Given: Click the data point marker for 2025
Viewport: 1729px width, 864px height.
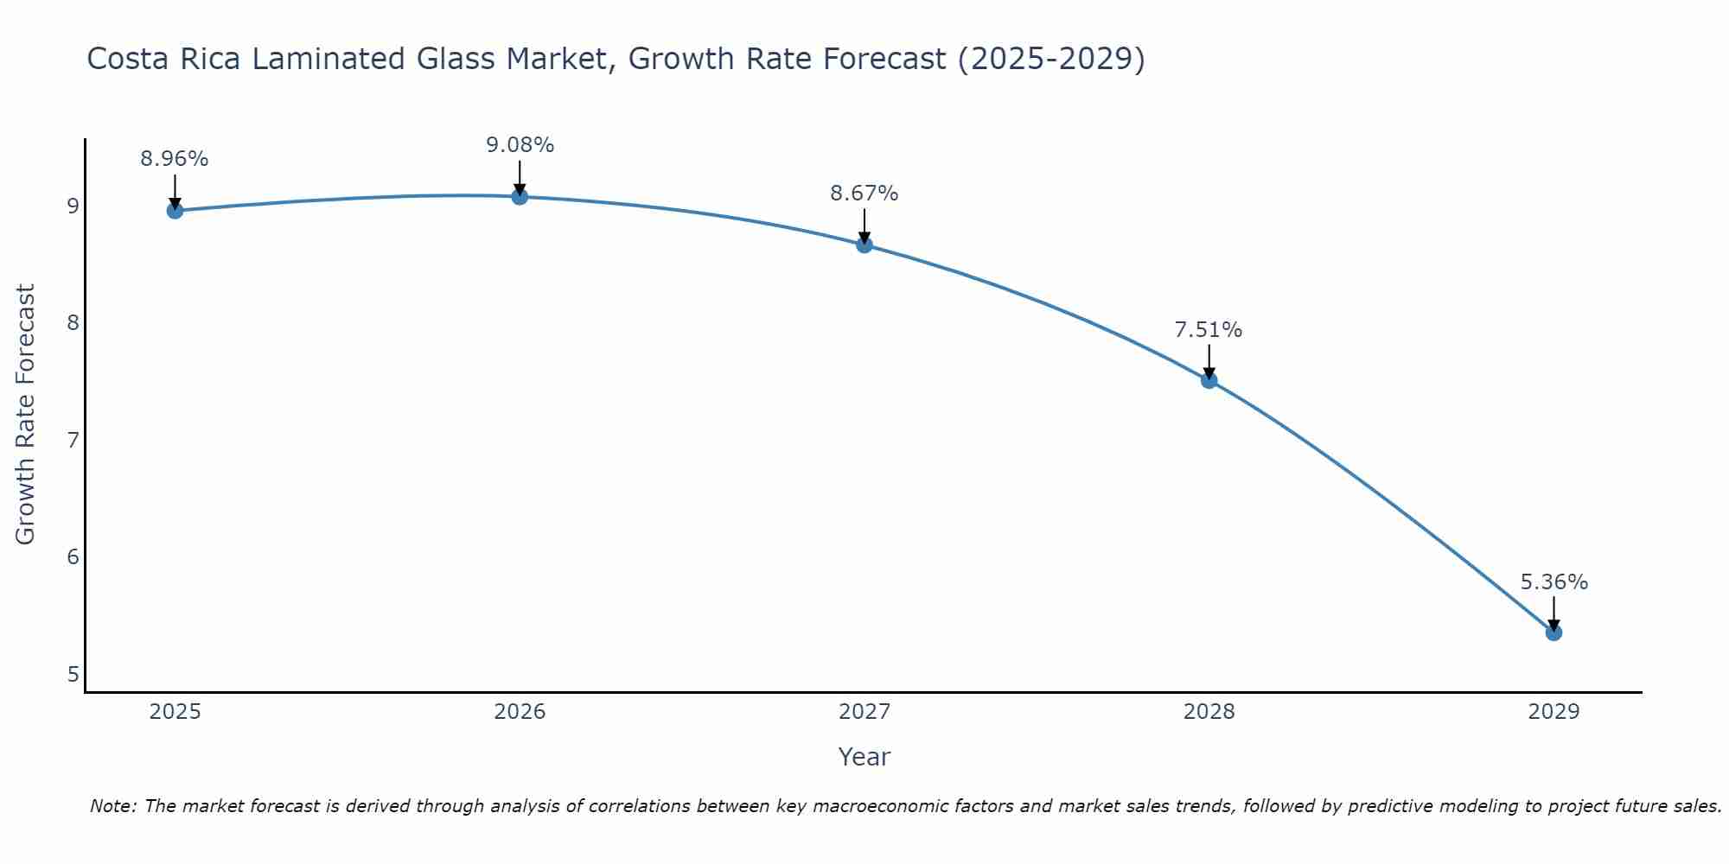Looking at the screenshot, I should coord(175,211).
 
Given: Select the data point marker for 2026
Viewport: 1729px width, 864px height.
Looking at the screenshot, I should coord(520,197).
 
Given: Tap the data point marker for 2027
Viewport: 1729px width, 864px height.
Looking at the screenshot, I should coord(864,245).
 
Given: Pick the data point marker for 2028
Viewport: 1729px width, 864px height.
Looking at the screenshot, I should coord(1209,380).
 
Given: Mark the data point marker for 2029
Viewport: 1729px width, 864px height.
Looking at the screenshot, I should coord(1554,632).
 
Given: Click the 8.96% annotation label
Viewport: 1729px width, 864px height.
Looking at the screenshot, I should coord(175,159).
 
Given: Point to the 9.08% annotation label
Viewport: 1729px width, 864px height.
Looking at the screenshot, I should coord(520,145).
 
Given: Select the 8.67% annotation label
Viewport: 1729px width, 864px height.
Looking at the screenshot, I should coord(864,194).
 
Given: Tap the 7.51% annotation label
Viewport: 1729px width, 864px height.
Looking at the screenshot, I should coord(1209,330).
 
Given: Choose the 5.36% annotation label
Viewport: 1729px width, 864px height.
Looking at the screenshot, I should coord(1554,582).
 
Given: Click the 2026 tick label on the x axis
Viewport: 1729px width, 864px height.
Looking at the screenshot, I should coord(520,712).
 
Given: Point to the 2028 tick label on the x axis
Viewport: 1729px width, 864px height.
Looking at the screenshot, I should coord(1209,712).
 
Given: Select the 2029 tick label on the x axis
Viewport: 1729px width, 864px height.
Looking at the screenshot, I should coord(1554,712).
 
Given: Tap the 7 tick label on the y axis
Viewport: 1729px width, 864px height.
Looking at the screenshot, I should coord(72,441).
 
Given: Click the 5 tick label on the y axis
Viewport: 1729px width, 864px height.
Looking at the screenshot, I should coord(72,675).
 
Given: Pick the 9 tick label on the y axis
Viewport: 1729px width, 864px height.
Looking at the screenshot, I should coord(72,206).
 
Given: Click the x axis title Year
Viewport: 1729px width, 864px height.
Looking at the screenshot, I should coord(864,757).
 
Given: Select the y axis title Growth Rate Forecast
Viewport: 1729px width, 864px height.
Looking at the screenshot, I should coord(26,415).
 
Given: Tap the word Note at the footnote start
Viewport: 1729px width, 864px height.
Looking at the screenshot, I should coord(112,806).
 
